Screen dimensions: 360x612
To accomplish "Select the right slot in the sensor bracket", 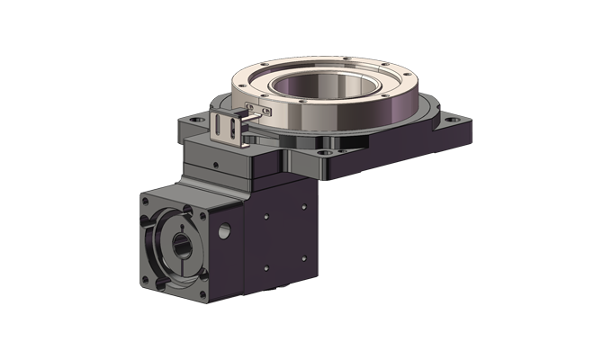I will point(235,134).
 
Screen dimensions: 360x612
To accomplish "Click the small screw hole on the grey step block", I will point(216,164).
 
